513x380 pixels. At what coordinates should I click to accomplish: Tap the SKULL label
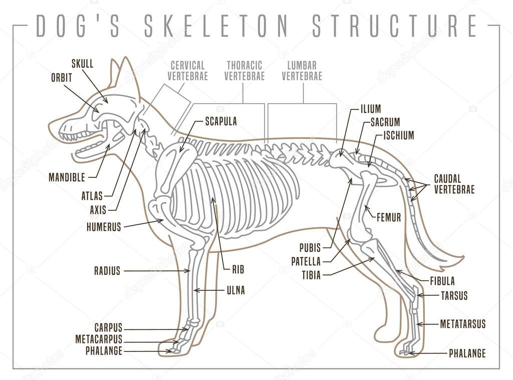click(82, 64)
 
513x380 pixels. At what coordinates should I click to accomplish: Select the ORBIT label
click(61, 78)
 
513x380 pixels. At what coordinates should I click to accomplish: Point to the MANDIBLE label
click(67, 177)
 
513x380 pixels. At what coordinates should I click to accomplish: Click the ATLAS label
click(92, 196)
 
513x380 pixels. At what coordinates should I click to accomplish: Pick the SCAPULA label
click(220, 121)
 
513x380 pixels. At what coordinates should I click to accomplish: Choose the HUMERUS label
click(104, 227)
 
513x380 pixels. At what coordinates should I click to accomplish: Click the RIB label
click(238, 269)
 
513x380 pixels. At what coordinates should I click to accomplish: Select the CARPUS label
click(108, 328)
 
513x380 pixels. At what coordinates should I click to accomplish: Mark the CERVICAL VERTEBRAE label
click(187, 71)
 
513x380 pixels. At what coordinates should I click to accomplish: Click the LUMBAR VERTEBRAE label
click(302, 71)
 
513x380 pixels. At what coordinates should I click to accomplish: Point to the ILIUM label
click(370, 109)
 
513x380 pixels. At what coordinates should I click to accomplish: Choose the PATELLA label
click(306, 261)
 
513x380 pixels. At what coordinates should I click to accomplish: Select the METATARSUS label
click(462, 324)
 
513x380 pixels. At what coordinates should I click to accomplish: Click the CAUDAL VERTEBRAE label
click(454, 184)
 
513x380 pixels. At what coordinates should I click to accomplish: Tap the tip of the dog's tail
click(461, 258)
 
